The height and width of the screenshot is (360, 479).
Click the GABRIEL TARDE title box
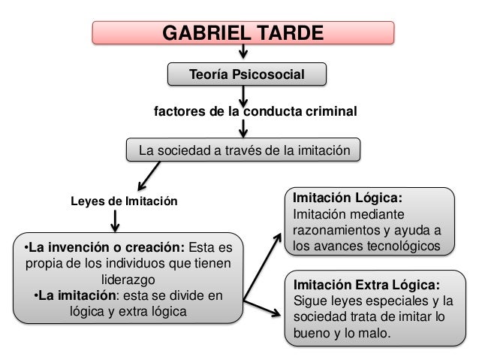(x=243, y=34)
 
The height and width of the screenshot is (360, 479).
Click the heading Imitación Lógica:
(x=347, y=200)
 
